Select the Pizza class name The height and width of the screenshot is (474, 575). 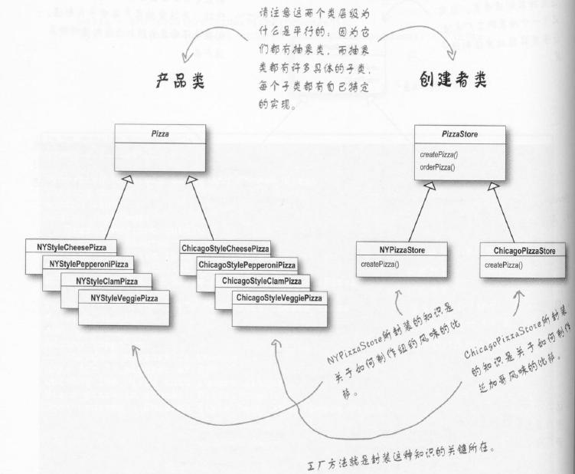(162, 133)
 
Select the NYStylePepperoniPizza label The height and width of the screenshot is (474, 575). (89, 264)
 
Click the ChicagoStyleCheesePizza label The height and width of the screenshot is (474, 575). (225, 249)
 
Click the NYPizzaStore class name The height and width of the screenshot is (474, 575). (402, 249)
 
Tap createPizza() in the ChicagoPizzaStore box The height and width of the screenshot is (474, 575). (504, 265)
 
